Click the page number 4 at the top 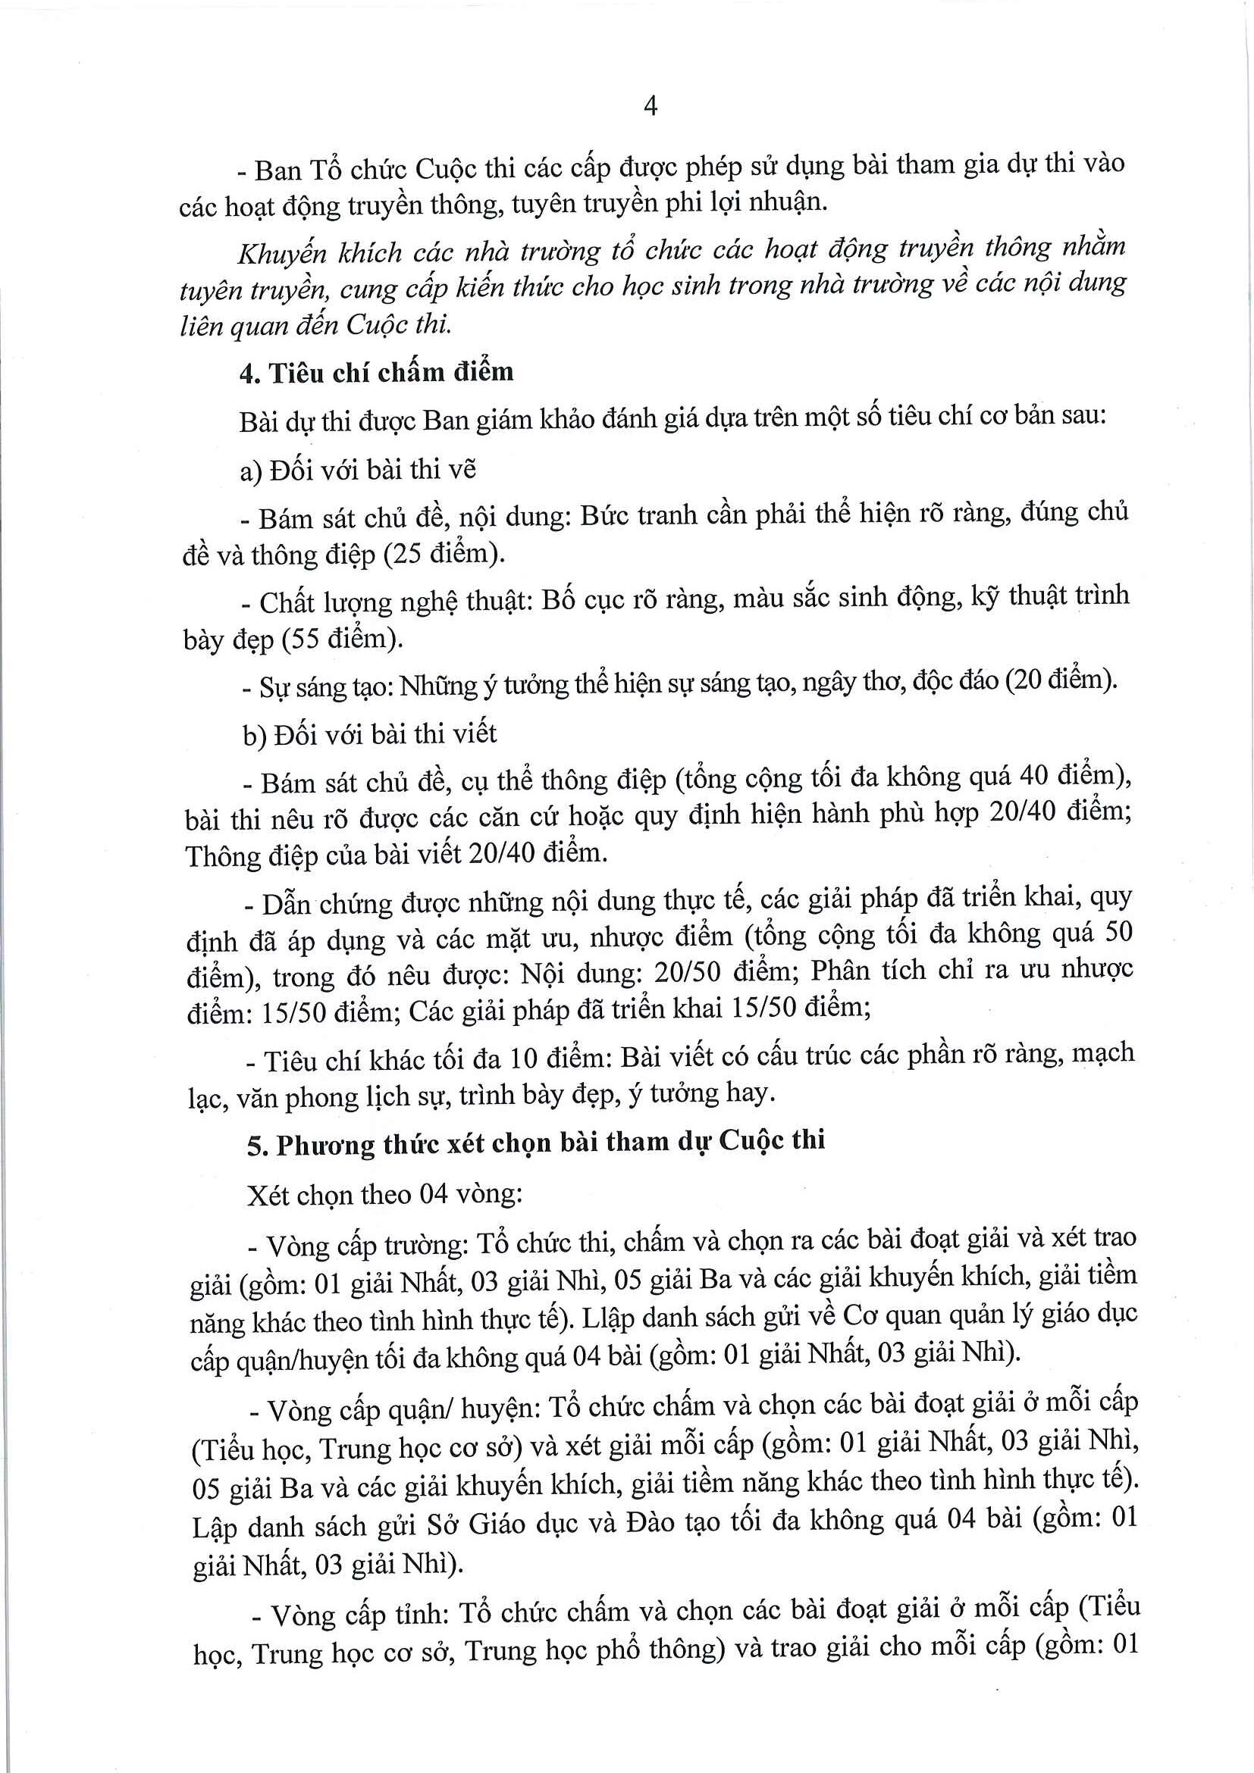point(650,106)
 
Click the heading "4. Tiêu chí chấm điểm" point(376,373)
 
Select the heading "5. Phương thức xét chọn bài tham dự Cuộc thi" point(536,1142)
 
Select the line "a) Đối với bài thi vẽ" point(358,470)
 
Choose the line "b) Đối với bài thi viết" point(369,733)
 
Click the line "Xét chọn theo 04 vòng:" point(385,1195)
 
